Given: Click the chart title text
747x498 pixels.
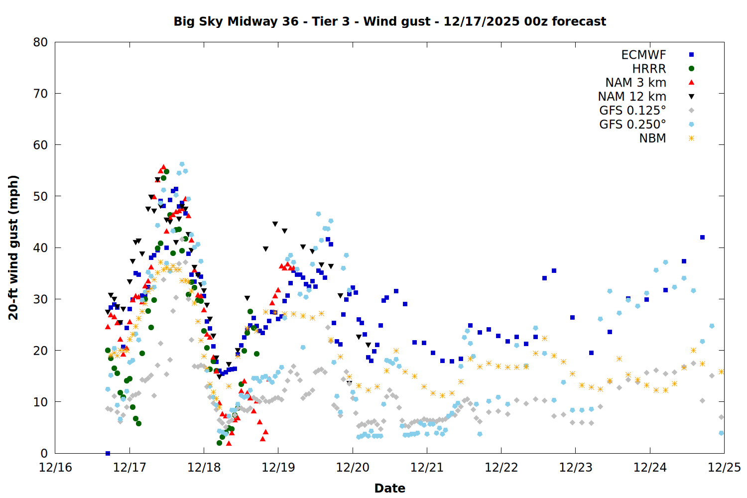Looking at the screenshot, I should pyautogui.click(x=389, y=21).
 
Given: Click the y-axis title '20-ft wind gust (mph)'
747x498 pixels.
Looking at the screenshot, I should pyautogui.click(x=13, y=248).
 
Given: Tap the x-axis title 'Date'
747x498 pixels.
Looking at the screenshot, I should pyautogui.click(x=389, y=488).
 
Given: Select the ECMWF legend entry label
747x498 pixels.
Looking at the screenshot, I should pyautogui.click(x=643, y=55).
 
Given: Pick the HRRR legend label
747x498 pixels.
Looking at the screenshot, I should pyautogui.click(x=649, y=69).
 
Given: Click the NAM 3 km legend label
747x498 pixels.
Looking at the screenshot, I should pyautogui.click(x=635, y=83).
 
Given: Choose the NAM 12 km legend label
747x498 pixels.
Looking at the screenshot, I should pyautogui.click(x=632, y=97).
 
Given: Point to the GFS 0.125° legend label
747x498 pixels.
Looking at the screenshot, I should pyautogui.click(x=632, y=111).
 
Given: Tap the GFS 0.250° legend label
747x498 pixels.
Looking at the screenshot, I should pyautogui.click(x=632, y=124).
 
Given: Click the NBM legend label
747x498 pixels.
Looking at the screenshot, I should pyautogui.click(x=652, y=138).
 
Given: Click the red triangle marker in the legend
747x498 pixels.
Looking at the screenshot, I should pyautogui.click(x=691, y=82).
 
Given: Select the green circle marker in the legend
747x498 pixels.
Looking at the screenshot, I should pyautogui.click(x=691, y=69).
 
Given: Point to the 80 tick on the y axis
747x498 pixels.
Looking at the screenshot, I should pyautogui.click(x=40, y=42).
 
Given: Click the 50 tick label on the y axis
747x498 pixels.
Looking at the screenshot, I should pyautogui.click(x=40, y=196).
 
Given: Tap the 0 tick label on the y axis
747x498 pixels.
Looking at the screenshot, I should pyautogui.click(x=44, y=453).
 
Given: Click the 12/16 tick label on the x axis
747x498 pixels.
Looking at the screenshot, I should pyautogui.click(x=55, y=468).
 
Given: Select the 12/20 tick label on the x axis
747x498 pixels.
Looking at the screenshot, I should pyautogui.click(x=353, y=468).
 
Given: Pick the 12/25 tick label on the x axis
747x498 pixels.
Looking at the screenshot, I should pyautogui.click(x=724, y=468).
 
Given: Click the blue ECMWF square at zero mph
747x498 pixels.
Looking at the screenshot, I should pyautogui.click(x=108, y=453).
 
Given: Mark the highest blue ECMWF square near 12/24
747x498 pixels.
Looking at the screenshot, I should pyautogui.click(x=702, y=238).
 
